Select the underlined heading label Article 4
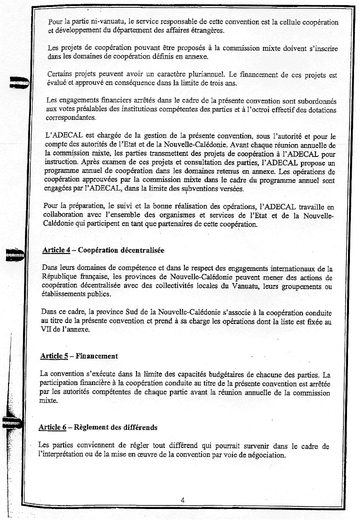(56, 250)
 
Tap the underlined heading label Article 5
(54, 356)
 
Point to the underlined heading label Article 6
(52, 427)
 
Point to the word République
(63, 277)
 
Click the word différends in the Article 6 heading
(137, 427)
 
